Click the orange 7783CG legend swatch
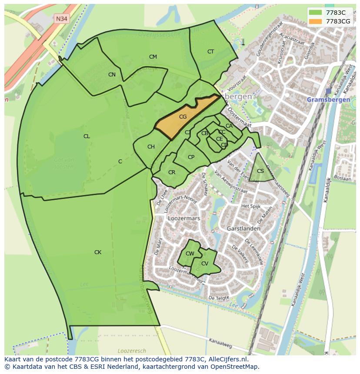tap(316, 21)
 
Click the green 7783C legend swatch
tap(316, 13)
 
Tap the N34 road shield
tap(61, 19)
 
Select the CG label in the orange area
tap(183, 117)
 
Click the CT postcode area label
tap(210, 52)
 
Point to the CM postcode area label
tap(153, 57)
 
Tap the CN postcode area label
tap(112, 75)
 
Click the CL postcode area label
tap(87, 136)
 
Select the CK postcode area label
tap(98, 252)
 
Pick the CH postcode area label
tap(151, 147)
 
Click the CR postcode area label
tap(172, 172)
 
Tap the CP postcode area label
tap(191, 157)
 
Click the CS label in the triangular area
tap(260, 171)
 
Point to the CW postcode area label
tap(190, 254)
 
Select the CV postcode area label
tap(204, 264)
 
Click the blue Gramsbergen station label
tap(328, 99)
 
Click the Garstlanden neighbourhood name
tap(243, 228)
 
